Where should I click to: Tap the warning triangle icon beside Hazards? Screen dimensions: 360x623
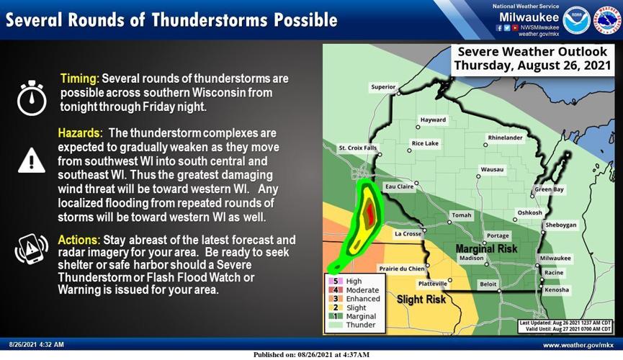pyautogui.click(x=32, y=160)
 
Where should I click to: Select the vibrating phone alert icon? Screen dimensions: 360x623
pyautogui.click(x=32, y=250)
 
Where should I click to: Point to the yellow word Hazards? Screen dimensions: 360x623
pyautogui.click(x=81, y=134)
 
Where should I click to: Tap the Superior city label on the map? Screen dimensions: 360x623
pyautogui.click(x=383, y=87)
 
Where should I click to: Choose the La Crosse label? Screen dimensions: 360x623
pyautogui.click(x=407, y=234)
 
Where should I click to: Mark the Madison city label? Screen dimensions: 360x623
pyautogui.click(x=472, y=258)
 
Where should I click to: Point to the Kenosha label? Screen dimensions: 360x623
pyautogui.click(x=556, y=290)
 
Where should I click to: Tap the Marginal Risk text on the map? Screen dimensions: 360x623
pyautogui.click(x=487, y=248)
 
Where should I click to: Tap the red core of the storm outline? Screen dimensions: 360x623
pyautogui.click(x=370, y=214)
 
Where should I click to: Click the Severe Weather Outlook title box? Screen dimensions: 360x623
pyautogui.click(x=533, y=59)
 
